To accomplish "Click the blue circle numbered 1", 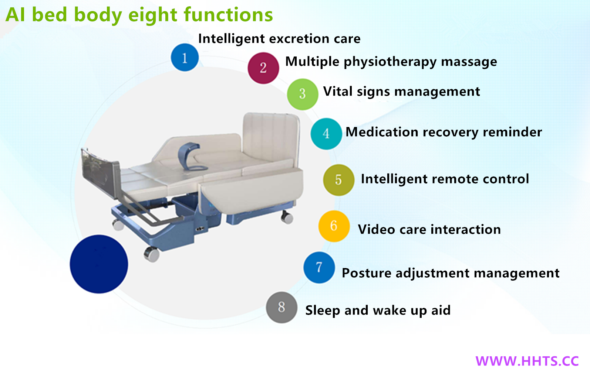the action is coord(185,57).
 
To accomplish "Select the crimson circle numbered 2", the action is coord(263,68).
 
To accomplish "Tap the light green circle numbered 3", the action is coord(302,94).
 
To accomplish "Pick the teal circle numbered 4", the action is coord(326,134).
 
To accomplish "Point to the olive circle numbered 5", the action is coord(338,180).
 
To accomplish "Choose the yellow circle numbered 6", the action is coord(334,226).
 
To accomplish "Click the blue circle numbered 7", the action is coord(319,267).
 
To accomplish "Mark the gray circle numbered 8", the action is coord(281,307).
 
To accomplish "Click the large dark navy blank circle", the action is coord(99,264).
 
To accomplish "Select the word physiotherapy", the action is coord(390,62).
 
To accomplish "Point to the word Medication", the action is coord(382,132).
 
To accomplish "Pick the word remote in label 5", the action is coord(455,179).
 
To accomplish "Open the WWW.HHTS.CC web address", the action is coord(527,361).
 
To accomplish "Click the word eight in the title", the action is coord(152,15).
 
